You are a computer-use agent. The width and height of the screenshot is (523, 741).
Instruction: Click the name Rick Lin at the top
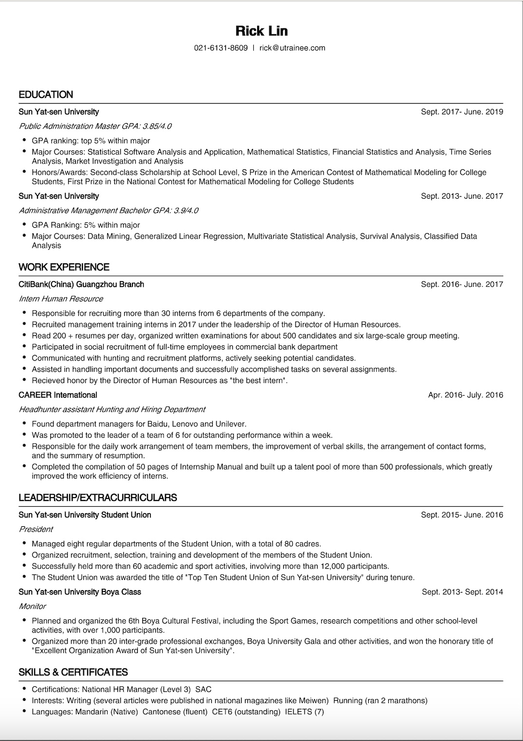(x=261, y=31)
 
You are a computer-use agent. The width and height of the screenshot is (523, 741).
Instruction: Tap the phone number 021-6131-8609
(x=221, y=48)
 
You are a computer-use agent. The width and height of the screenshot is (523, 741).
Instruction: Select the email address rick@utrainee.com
(x=292, y=48)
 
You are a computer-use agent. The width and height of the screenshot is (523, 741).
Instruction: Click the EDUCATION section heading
(x=46, y=94)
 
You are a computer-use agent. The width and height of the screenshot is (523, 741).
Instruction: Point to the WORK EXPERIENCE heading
(x=64, y=267)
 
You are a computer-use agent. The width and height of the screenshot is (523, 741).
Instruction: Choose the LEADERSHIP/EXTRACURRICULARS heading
(x=97, y=498)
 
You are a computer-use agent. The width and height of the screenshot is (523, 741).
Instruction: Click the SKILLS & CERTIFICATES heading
(x=73, y=672)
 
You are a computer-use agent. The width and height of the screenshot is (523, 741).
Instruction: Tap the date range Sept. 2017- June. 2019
(x=462, y=111)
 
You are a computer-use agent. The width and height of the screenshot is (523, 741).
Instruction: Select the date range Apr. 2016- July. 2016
(x=465, y=395)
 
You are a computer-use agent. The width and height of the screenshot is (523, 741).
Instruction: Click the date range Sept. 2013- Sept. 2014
(x=462, y=592)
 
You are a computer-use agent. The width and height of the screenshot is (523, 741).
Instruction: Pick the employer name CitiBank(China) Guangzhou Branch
(x=81, y=284)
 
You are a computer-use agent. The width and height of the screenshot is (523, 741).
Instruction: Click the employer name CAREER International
(x=58, y=395)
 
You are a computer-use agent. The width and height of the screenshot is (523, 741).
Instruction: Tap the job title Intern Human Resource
(x=61, y=298)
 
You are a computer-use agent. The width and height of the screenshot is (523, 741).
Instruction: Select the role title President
(x=36, y=529)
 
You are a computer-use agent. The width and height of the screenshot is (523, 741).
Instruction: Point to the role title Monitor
(x=32, y=606)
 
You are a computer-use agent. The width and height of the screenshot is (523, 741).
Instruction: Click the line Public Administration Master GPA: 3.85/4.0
(x=95, y=126)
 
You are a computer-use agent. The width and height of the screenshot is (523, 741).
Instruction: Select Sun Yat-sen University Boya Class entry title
(x=80, y=592)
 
